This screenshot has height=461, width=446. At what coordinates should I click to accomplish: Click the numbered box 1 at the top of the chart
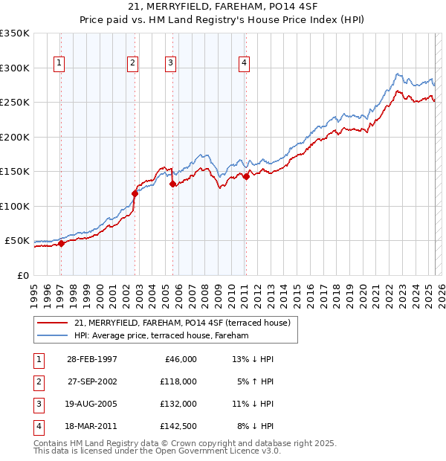click(59, 64)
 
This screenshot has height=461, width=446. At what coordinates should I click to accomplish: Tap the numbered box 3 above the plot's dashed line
click(170, 64)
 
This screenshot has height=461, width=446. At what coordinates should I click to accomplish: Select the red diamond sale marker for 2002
click(135, 193)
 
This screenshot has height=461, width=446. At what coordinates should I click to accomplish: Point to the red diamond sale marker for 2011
click(246, 176)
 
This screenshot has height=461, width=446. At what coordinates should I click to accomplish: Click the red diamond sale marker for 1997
click(61, 243)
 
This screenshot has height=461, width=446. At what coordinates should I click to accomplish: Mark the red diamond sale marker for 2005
click(172, 184)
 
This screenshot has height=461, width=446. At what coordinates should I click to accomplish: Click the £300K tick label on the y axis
click(14, 68)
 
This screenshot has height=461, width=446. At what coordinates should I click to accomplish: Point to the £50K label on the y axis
click(17, 241)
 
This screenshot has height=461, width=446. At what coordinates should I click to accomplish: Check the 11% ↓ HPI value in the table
click(253, 404)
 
